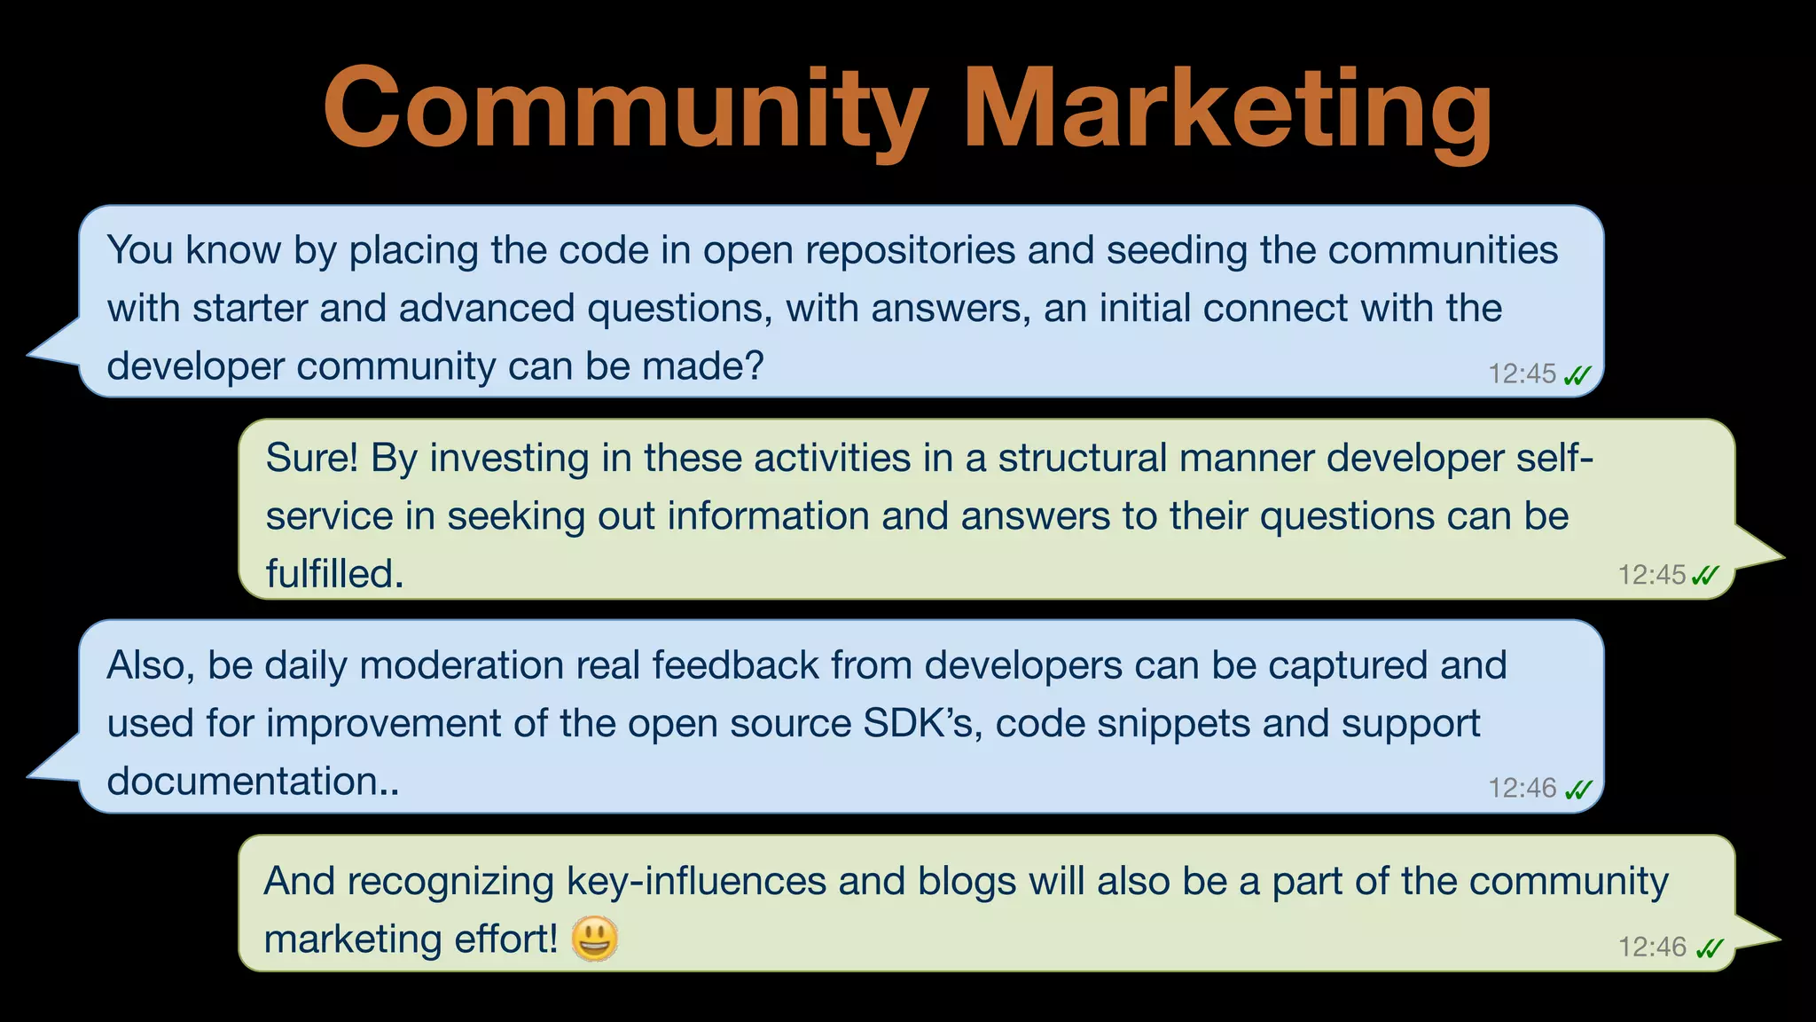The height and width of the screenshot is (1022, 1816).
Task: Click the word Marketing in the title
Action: [1233, 111]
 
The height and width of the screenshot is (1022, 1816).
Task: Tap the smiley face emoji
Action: [594, 939]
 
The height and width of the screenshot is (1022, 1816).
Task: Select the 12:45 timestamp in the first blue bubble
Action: [1522, 374]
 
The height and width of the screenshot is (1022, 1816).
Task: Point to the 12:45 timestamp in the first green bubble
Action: [1651, 575]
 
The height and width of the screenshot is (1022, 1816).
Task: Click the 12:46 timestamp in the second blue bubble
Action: [1522, 788]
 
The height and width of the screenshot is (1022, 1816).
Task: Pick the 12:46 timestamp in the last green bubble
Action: [1652, 947]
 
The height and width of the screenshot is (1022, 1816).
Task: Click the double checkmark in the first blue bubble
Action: [1577, 375]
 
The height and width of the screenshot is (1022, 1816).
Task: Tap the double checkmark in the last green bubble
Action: [1709, 948]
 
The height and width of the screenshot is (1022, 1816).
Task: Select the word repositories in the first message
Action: [910, 250]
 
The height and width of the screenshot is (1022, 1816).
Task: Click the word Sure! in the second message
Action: [312, 459]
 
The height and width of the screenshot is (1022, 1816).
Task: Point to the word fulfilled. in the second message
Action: [334, 575]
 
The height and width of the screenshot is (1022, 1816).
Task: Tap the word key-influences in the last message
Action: [697, 881]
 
